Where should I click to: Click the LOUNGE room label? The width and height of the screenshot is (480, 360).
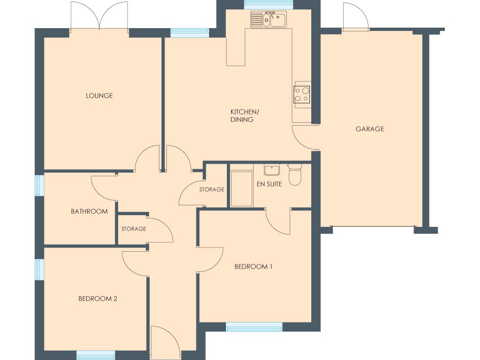[99, 96]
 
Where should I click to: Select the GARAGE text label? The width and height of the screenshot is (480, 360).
[369, 129]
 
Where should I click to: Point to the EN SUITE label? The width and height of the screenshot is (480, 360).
[269, 184]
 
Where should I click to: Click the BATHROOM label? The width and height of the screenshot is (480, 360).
[89, 211]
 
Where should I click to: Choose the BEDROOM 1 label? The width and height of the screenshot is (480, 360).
[253, 267]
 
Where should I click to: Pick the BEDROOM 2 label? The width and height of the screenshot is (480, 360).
[97, 299]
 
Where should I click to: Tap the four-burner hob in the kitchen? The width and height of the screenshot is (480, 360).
[301, 94]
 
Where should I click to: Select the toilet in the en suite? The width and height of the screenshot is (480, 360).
[294, 175]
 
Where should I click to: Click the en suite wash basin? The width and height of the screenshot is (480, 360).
[271, 170]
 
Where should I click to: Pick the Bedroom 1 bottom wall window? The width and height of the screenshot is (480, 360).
[254, 327]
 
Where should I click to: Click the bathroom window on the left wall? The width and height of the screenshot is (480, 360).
[39, 184]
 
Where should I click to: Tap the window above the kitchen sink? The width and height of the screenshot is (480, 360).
[268, 5]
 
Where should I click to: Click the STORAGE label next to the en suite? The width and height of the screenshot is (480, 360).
[211, 190]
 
